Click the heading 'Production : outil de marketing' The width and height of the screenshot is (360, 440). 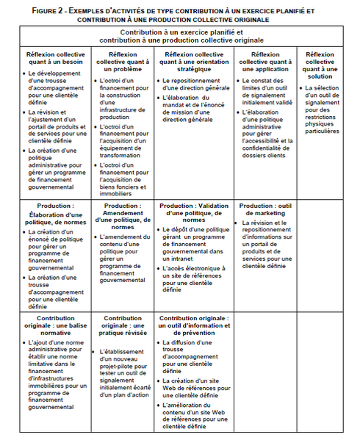tap(267, 210)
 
